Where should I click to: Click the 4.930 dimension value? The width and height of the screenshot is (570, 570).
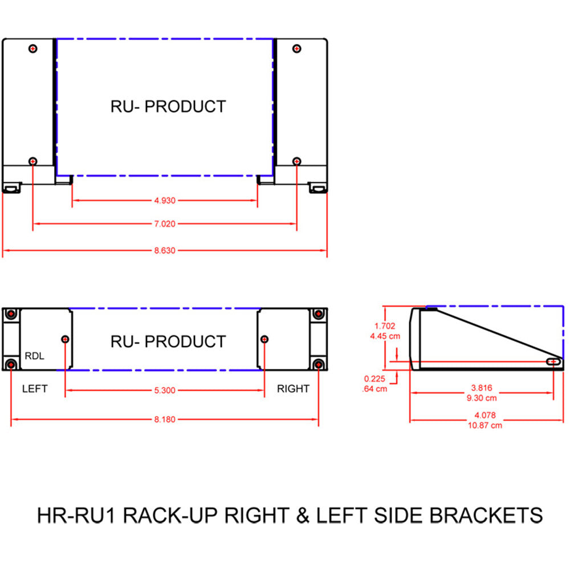click(164, 201)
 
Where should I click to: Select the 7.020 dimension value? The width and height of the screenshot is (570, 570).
click(164, 224)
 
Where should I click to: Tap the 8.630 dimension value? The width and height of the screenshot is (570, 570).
click(164, 250)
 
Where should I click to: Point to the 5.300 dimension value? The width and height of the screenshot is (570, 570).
click(164, 390)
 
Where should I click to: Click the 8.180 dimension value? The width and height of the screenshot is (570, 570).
click(164, 420)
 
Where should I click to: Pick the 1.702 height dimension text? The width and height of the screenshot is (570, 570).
click(384, 327)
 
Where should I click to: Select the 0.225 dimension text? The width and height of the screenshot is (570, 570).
click(374, 379)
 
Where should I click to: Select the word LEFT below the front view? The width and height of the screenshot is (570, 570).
click(35, 389)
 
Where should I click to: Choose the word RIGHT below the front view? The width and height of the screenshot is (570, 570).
click(293, 389)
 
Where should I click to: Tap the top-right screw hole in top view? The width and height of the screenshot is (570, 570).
click(296, 48)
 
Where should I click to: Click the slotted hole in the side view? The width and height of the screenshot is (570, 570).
click(553, 361)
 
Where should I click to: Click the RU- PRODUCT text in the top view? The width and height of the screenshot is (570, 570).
click(168, 107)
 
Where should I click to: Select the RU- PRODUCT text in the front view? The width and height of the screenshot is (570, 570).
click(168, 342)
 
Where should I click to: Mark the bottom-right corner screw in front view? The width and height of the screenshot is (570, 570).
click(319, 364)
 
